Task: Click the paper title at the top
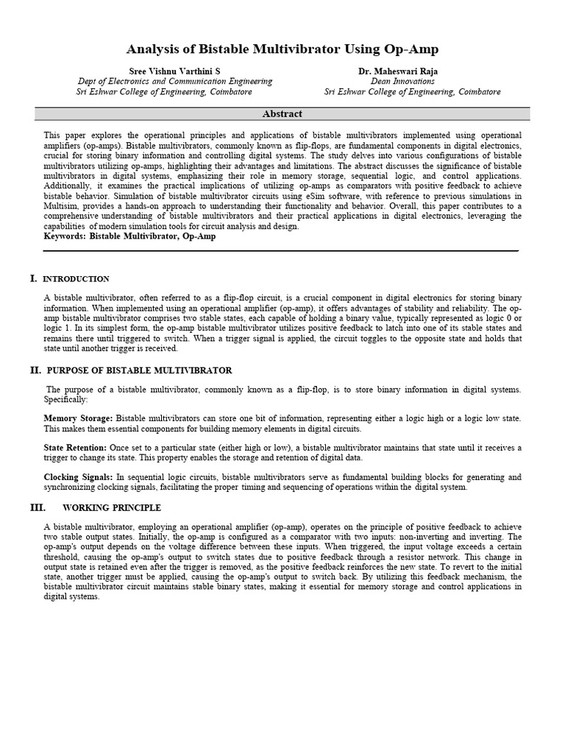[x=282, y=49]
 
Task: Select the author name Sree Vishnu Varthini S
[x=174, y=71]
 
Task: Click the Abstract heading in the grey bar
[x=282, y=114]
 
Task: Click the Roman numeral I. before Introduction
[x=33, y=278]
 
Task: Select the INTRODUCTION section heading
[x=77, y=279]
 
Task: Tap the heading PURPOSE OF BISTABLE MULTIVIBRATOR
[x=139, y=370]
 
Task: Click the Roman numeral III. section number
[x=38, y=508]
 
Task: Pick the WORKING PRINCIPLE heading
[x=112, y=508]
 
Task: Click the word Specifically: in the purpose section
[x=65, y=399]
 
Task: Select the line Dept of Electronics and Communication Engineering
[x=174, y=81]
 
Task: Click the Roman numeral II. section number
[x=35, y=370]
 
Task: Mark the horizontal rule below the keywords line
[x=281, y=251]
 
